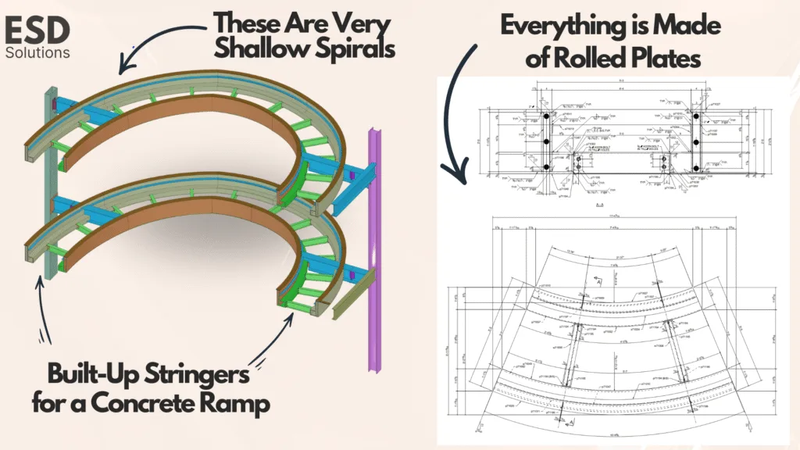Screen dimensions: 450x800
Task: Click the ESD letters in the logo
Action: pyautogui.click(x=37, y=30)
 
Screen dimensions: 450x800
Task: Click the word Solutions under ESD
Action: pyautogui.click(x=37, y=53)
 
